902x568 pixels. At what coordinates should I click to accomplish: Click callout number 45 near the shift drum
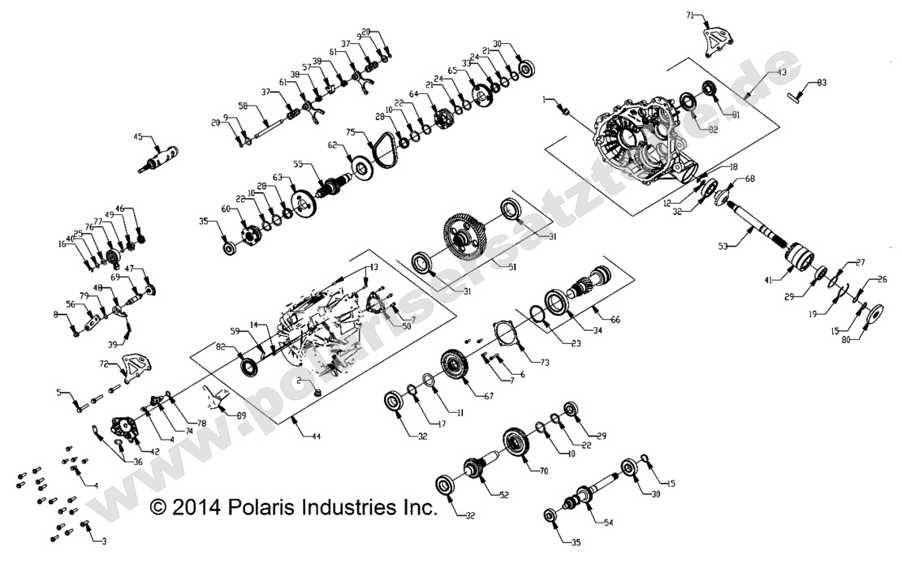138,136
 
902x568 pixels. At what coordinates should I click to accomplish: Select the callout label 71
691,15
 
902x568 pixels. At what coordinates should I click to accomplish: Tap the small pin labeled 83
794,96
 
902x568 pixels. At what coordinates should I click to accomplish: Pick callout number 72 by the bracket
104,364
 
